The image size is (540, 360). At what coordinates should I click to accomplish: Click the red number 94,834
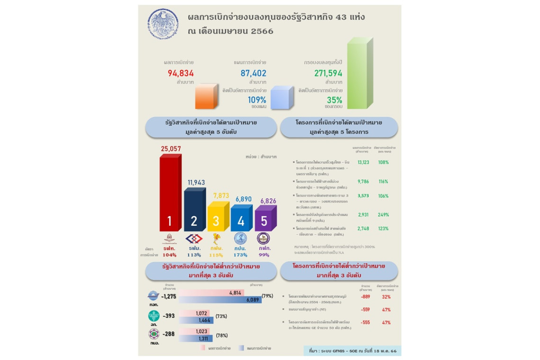180,73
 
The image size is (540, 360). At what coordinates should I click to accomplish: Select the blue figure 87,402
250,73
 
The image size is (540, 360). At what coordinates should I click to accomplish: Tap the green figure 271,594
328,73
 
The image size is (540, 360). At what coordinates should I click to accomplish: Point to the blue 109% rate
257,100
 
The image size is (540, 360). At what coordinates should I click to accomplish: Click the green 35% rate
334,100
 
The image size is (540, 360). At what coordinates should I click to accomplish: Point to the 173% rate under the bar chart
241,255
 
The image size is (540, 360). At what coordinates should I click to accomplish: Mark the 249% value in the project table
383,215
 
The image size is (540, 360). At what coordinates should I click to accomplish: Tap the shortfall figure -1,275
168,297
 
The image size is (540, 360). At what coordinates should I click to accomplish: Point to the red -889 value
365,297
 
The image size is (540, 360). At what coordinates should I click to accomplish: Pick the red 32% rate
386,297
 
